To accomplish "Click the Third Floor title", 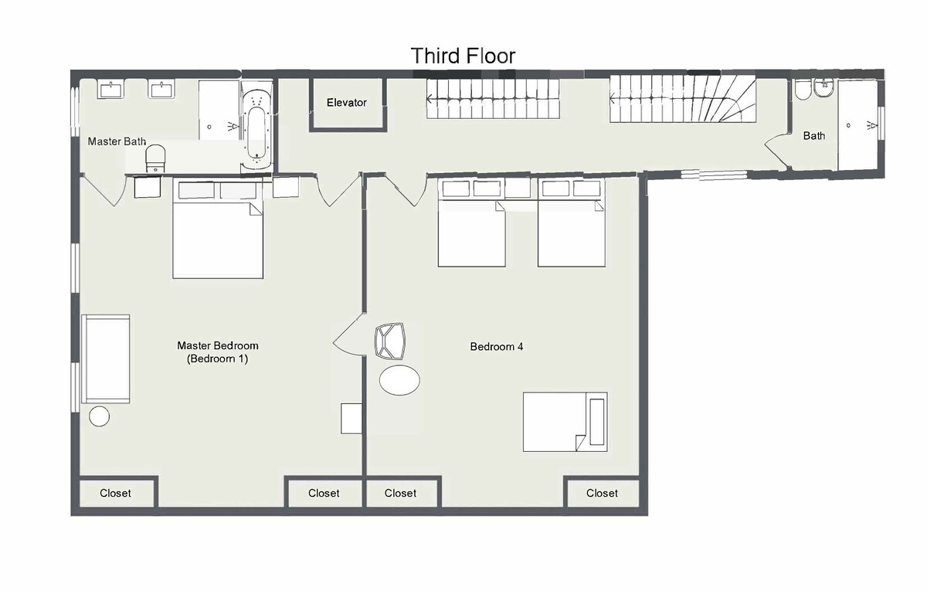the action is [463, 56].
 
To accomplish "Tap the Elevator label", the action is [347, 103].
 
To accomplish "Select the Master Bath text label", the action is [117, 141].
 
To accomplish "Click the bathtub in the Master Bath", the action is [257, 126].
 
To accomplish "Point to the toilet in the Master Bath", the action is [155, 158].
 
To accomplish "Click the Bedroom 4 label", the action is [497, 347].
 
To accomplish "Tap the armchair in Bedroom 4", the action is [390, 341].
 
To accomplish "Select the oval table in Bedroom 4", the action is [400, 380].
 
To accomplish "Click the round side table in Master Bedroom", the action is [100, 416].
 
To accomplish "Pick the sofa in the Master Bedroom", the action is [106, 358].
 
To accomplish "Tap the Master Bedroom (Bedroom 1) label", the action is [218, 352].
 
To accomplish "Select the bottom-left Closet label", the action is [115, 494].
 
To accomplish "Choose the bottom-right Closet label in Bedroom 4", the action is [602, 494].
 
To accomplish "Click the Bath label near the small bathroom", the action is [814, 136].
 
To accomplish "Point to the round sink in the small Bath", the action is [824, 88].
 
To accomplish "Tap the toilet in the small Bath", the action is [803, 90].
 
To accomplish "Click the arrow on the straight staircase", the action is [493, 99].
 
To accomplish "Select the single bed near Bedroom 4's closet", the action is [565, 422].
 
